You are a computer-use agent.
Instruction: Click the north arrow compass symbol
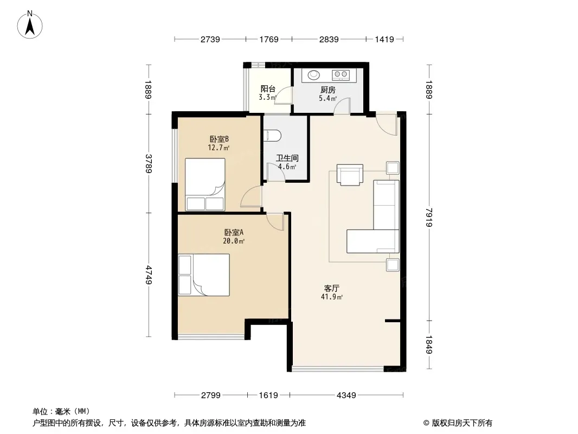30,25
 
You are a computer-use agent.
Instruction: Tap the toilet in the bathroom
272,135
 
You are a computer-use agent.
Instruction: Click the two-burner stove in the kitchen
341,75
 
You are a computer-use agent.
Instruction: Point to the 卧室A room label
234,233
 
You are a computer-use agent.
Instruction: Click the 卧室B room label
219,139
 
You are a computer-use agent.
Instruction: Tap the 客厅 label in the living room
331,289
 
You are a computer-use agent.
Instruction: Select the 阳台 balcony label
268,89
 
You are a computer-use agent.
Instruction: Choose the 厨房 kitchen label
327,90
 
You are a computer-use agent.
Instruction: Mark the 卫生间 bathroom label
287,158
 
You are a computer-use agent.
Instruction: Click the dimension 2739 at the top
210,39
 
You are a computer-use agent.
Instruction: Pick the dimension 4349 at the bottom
346,395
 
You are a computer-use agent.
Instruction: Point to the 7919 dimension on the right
429,218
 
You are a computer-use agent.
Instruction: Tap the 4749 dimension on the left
149,275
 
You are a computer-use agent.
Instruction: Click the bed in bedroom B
205,184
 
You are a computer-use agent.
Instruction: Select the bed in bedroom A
204,275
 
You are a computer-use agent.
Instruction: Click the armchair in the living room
350,175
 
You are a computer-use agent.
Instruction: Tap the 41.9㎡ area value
331,297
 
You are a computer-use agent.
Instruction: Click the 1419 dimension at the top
384,39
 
